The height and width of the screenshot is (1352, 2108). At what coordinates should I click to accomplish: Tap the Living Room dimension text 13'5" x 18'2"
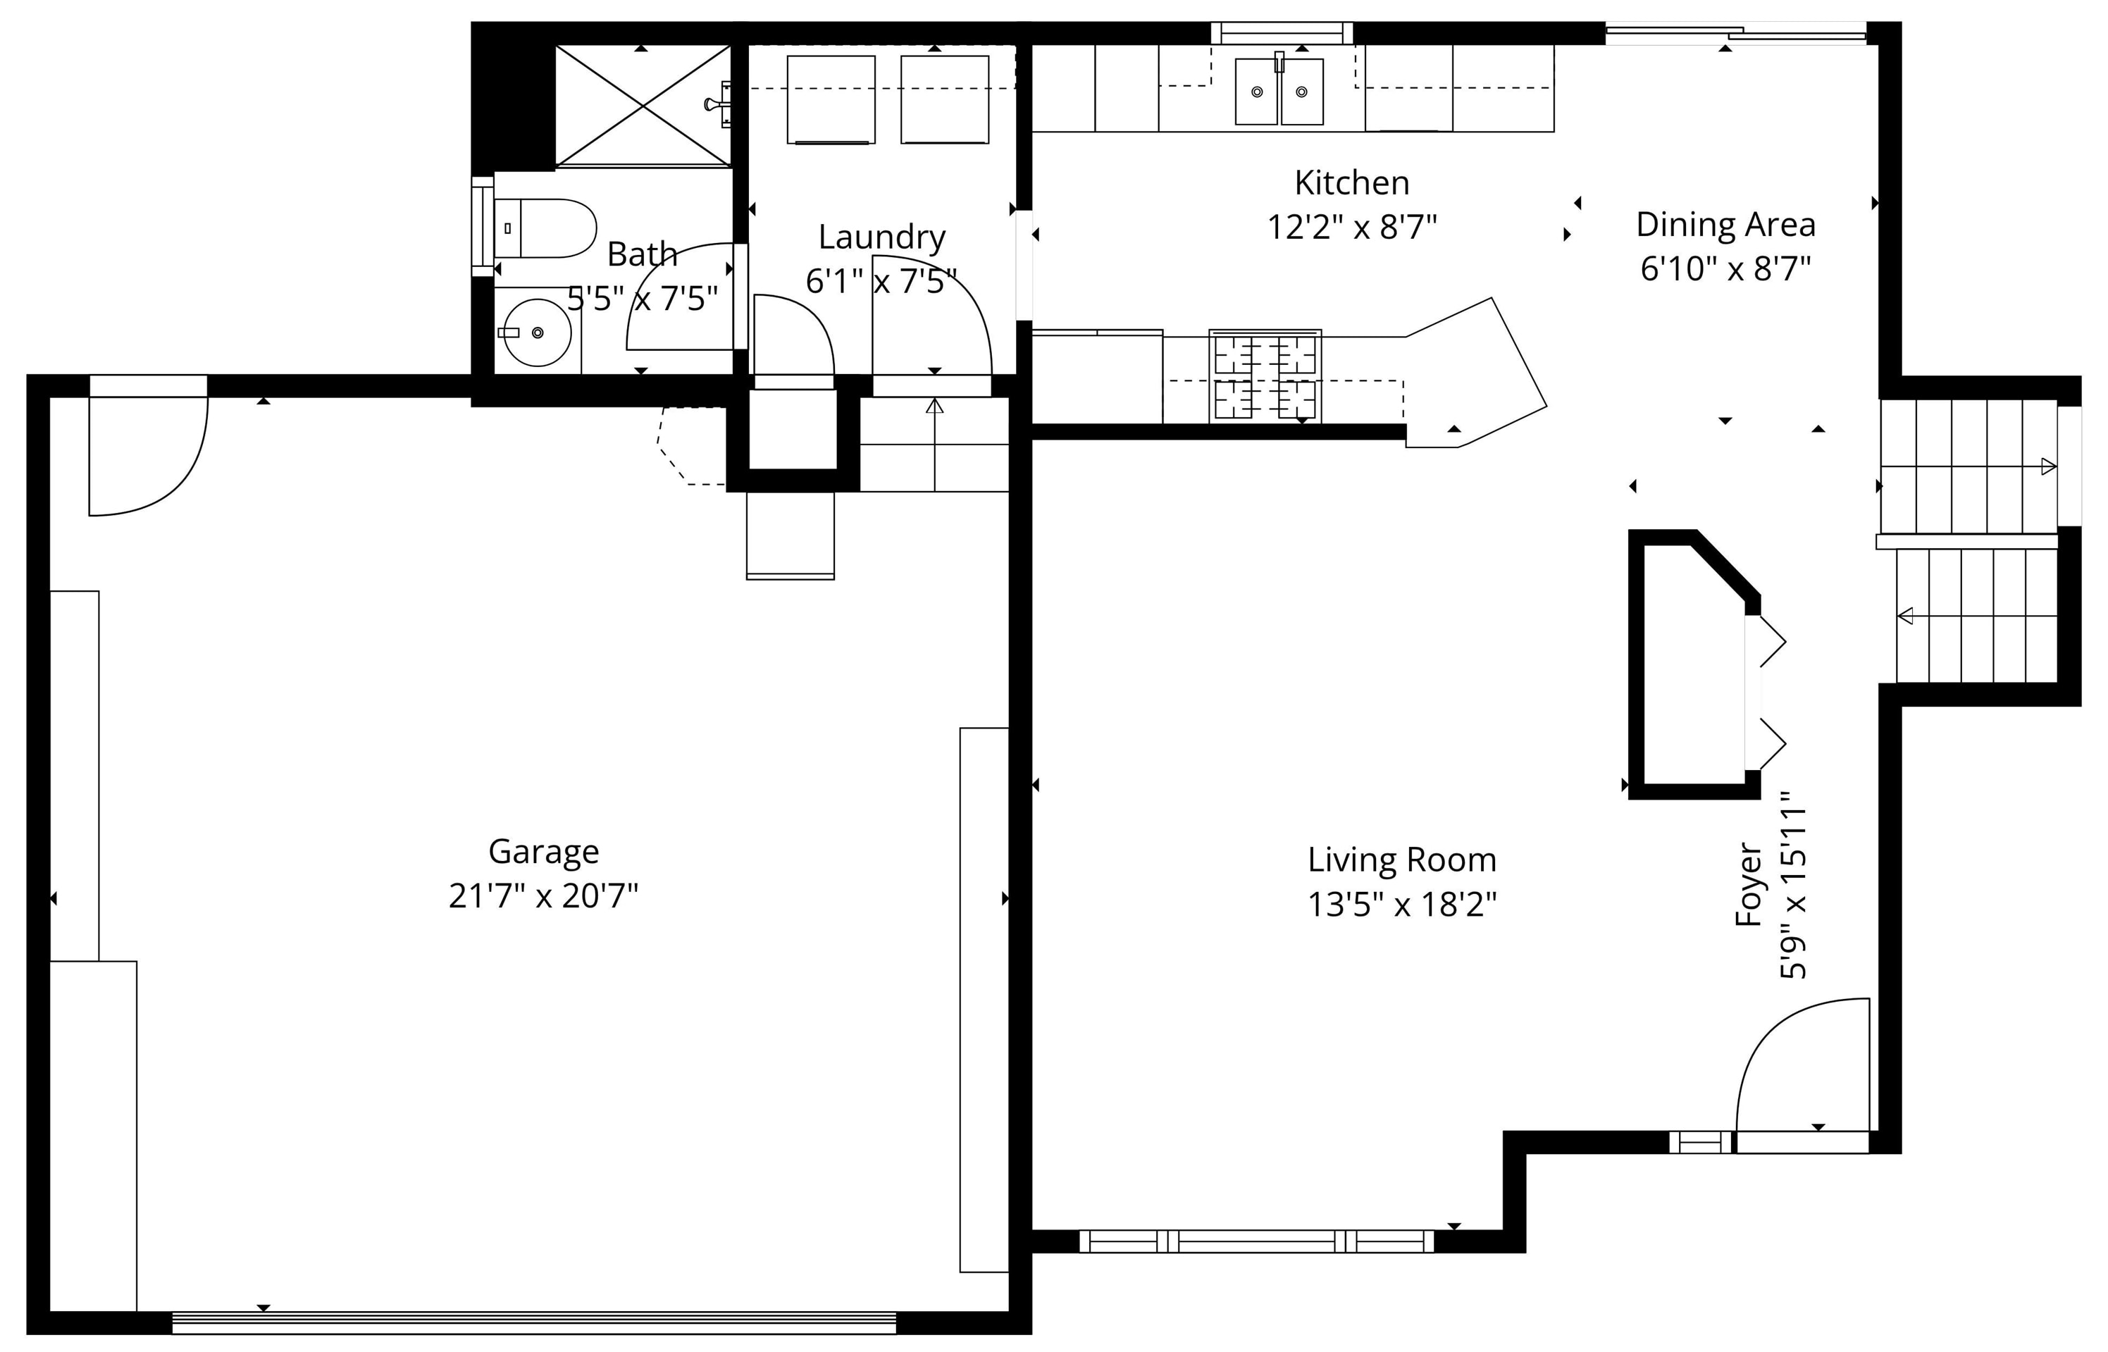1402,904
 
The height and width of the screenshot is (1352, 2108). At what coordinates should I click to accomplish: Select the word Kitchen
1351,182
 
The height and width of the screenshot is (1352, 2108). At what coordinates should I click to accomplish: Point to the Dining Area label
1725,225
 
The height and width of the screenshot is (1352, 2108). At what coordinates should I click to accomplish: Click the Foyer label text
1749,885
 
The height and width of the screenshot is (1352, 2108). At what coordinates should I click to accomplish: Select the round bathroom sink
538,333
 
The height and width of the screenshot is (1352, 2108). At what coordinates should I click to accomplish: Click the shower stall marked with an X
643,106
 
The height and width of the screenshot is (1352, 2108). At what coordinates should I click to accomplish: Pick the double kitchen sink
1279,92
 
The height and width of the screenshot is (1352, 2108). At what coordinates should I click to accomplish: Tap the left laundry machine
831,99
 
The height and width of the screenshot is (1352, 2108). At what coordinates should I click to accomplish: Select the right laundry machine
945,99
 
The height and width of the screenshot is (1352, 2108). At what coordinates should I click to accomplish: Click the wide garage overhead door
534,1322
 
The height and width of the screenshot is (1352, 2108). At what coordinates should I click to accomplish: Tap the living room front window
1255,1241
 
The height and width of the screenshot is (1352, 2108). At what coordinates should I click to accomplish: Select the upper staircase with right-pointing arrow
1966,465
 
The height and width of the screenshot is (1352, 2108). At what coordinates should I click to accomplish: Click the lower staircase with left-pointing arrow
1976,616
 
